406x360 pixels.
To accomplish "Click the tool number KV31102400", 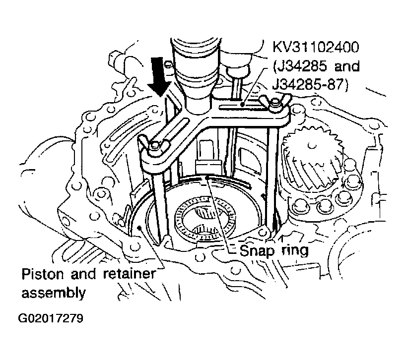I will [315, 49].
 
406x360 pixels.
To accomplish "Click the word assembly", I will [53, 292].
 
